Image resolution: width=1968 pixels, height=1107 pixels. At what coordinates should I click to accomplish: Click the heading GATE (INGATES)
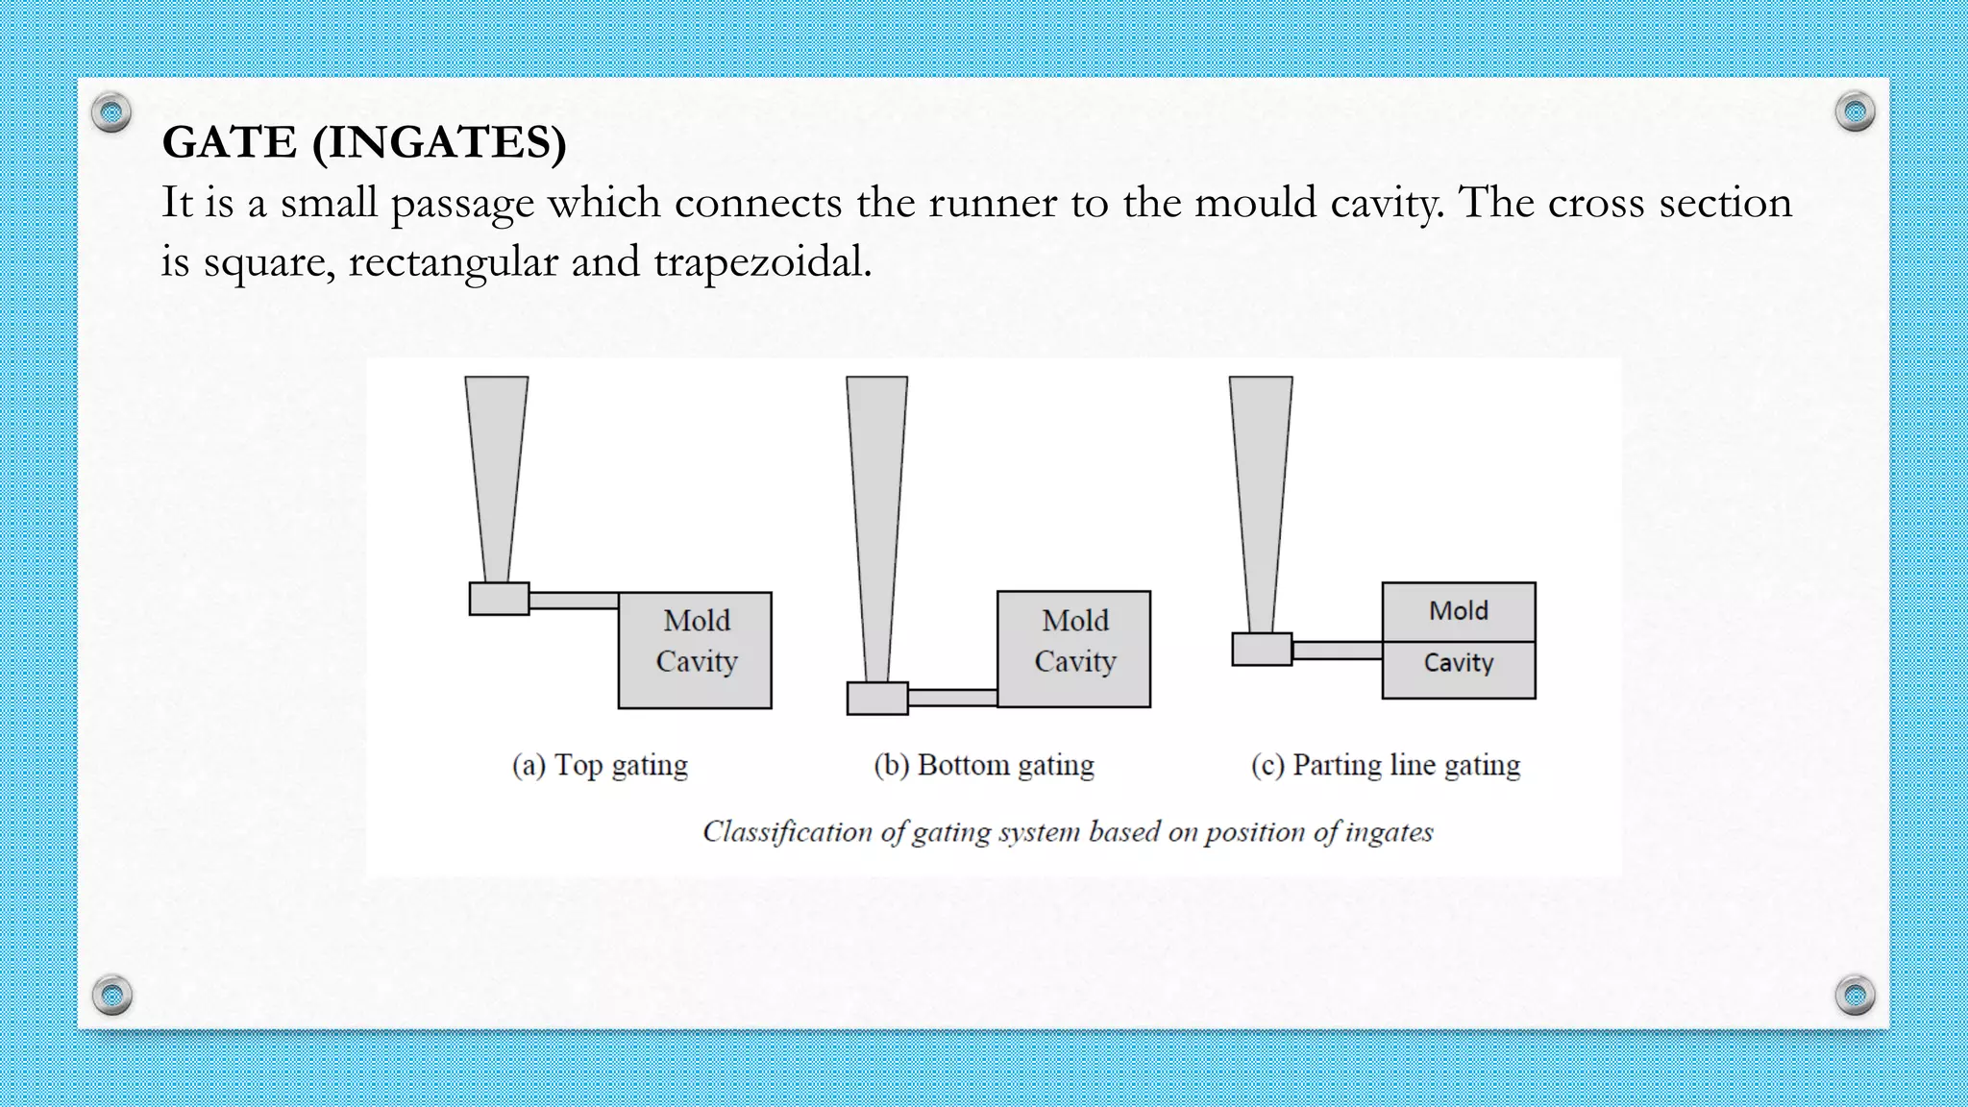coord(364,143)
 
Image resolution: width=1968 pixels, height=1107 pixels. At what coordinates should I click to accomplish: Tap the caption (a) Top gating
coord(600,765)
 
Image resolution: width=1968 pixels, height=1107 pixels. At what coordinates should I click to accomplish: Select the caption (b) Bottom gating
coord(983,765)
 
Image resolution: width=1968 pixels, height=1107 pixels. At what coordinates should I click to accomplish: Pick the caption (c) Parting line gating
coord(1385,765)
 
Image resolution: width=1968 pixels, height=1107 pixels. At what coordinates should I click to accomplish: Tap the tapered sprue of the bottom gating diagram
coord(876,519)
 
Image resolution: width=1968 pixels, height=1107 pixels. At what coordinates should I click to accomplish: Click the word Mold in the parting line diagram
coord(1458,611)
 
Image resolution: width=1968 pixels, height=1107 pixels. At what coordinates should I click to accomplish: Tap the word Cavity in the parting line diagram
coord(1458,663)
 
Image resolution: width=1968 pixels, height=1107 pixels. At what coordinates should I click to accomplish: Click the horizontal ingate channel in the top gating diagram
coord(573,601)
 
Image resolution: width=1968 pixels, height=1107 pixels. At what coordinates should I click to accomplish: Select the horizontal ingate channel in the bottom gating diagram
coord(952,698)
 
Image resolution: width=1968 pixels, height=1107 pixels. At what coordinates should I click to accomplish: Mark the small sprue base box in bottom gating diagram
coord(877,699)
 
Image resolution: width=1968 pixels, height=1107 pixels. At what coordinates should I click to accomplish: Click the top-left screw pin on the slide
coord(111,112)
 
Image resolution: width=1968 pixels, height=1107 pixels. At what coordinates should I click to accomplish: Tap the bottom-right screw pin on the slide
coord(1855,995)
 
